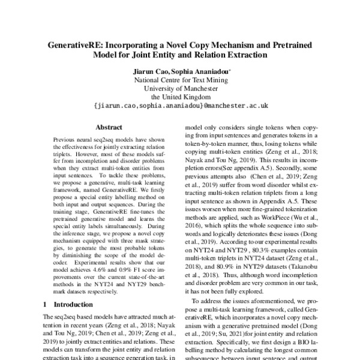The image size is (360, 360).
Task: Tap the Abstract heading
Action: [x=109, y=127]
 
